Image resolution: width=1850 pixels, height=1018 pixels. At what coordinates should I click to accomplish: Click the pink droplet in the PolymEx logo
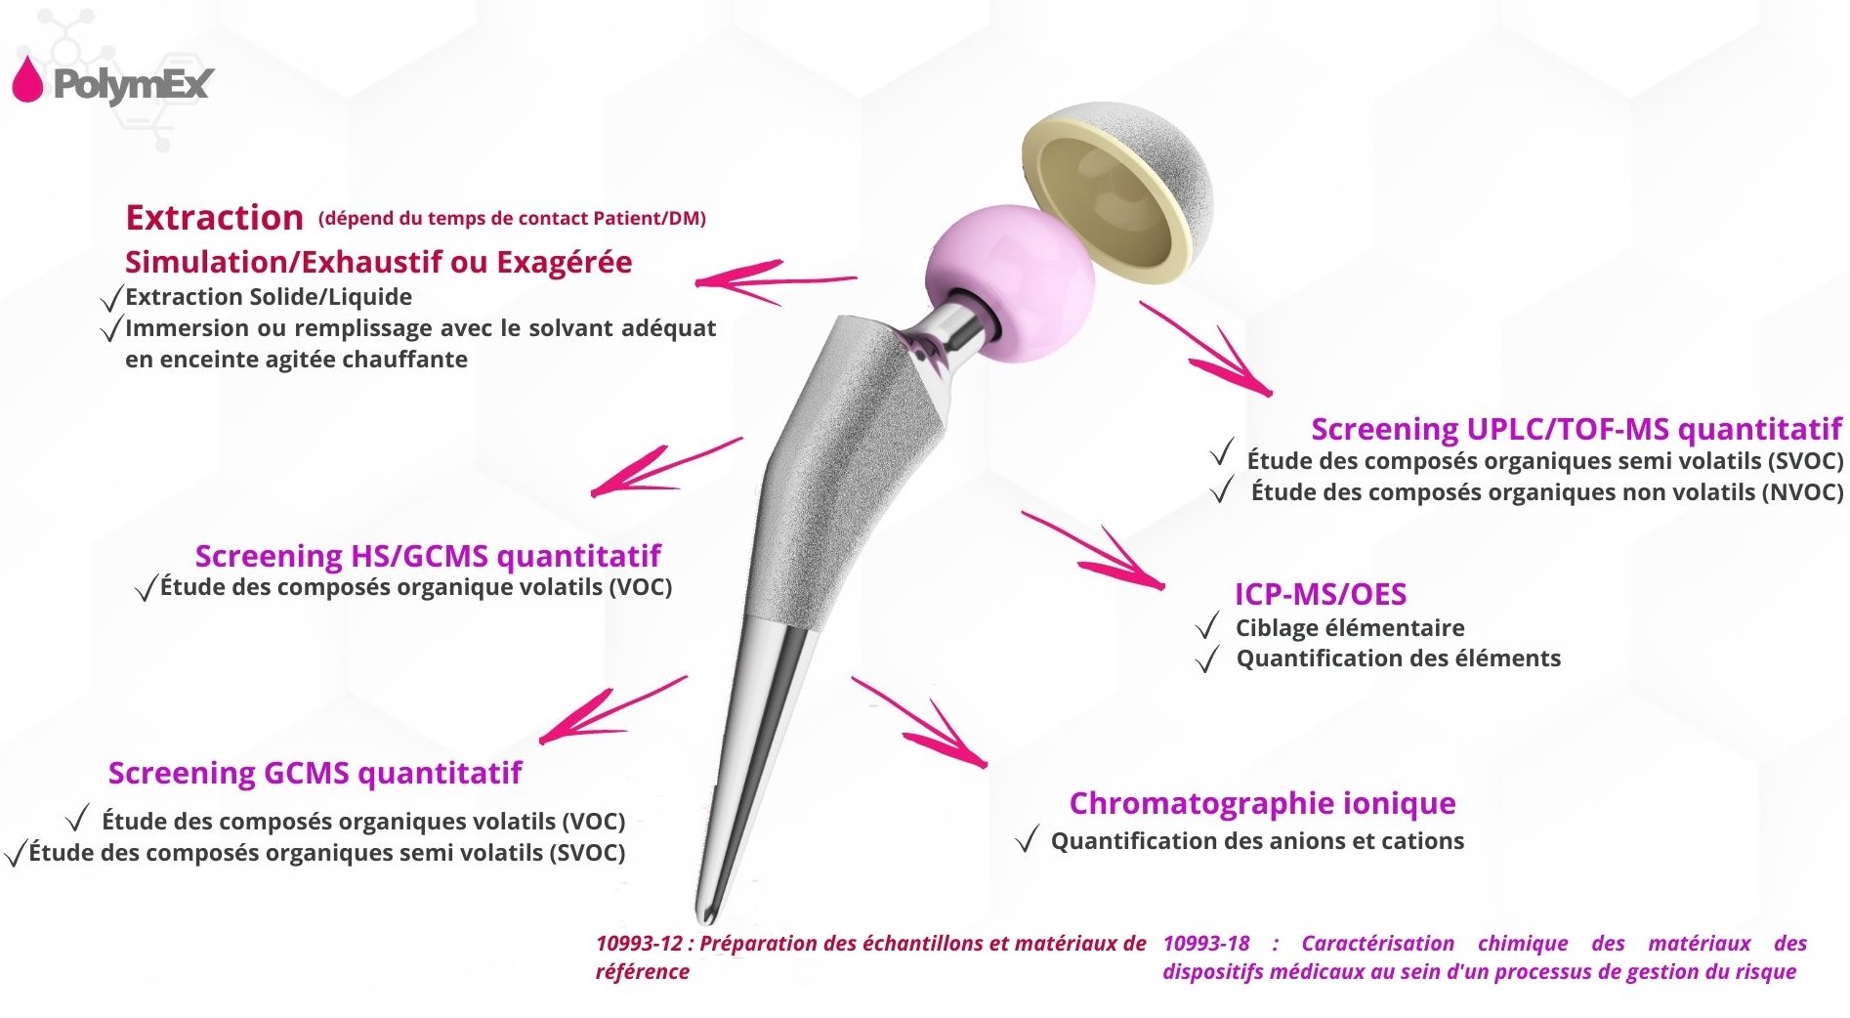[x=27, y=80]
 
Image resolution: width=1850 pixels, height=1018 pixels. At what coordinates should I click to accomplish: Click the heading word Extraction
[x=214, y=217]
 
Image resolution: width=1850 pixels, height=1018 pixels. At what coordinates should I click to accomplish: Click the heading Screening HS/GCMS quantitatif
[x=428, y=556]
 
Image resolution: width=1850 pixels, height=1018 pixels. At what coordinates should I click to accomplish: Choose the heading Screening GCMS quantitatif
[x=315, y=773]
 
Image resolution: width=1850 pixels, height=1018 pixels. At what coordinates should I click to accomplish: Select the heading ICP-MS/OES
[x=1321, y=594]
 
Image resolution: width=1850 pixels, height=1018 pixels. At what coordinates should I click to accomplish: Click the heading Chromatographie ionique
[x=1262, y=803]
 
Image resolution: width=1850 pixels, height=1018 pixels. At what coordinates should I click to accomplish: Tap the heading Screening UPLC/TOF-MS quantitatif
[x=1577, y=429]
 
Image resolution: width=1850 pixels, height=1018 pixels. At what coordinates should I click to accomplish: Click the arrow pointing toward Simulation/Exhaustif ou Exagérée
[x=776, y=281]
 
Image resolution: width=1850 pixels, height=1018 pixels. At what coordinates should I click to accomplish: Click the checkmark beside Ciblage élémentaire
[x=1207, y=626]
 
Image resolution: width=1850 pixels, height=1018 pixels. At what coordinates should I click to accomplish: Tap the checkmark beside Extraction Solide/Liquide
[x=112, y=298]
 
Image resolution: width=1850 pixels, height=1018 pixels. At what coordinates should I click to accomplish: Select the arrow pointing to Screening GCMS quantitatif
[x=613, y=708]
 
